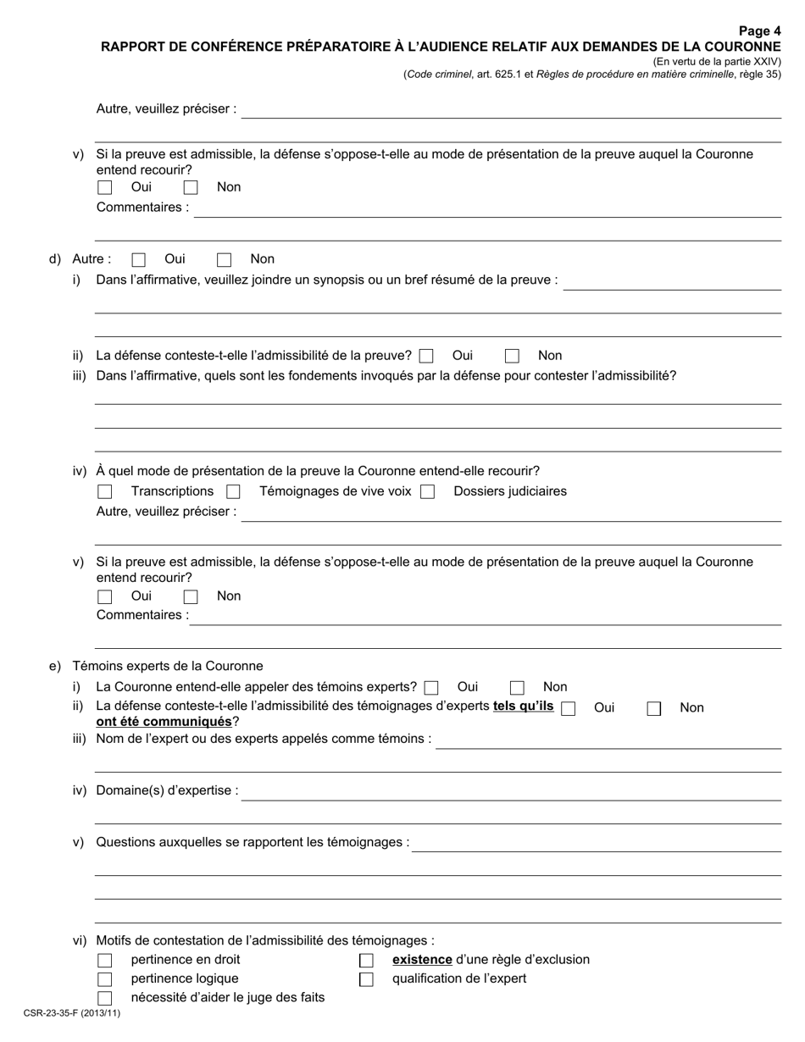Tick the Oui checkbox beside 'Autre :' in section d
[139, 260]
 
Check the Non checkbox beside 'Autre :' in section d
[225, 260]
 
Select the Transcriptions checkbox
[105, 492]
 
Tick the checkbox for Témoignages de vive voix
[233, 492]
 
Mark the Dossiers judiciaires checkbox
[428, 492]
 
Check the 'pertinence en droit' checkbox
[105, 961]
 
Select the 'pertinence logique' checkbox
[105, 979]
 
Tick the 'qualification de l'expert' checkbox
[366, 979]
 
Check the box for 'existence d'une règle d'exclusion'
[366, 961]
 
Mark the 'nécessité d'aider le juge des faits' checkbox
[105, 998]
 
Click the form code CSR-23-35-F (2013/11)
[72, 1013]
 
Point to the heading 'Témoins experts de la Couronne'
[168, 667]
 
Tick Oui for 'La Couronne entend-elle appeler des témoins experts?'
[432, 688]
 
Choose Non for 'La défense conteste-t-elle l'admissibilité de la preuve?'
[512, 357]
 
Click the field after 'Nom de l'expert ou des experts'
[608, 740]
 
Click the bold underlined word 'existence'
[422, 960]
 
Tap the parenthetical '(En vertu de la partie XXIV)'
[717, 62]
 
